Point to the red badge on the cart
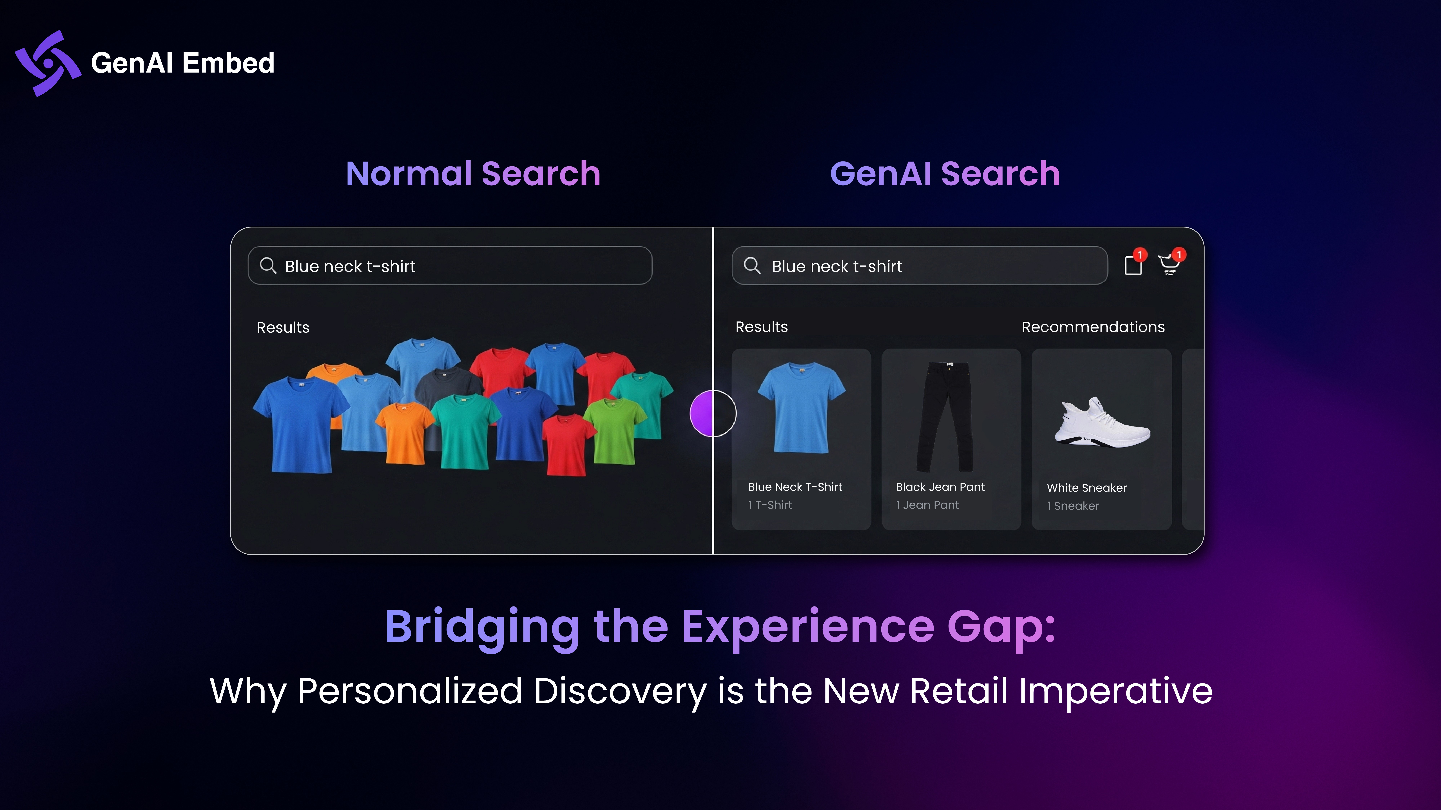(1179, 255)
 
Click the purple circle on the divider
(713, 413)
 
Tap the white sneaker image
(1102, 422)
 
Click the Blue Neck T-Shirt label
(795, 487)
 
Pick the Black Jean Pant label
(940, 487)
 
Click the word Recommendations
(1093, 327)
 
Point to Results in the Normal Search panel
(283, 328)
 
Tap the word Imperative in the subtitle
(1116, 692)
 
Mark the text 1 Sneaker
(1073, 506)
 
